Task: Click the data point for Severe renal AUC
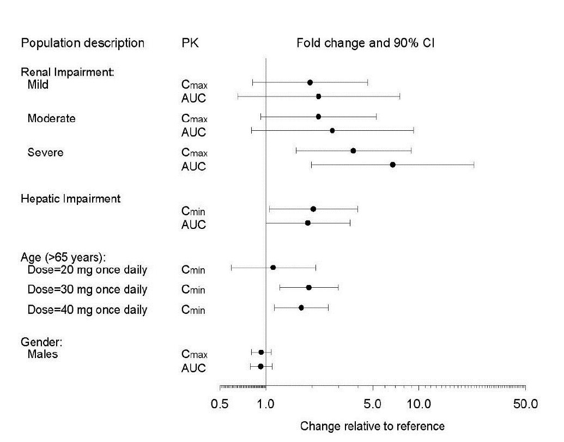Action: click(x=392, y=165)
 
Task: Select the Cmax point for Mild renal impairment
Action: click(x=310, y=83)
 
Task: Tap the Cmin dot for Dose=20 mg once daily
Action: click(x=273, y=268)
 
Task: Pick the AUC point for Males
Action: click(x=260, y=367)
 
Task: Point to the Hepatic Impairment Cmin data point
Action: click(x=313, y=209)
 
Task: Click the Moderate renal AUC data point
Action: click(x=332, y=131)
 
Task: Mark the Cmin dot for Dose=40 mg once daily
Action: click(x=301, y=308)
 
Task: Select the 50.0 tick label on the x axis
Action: click(x=525, y=404)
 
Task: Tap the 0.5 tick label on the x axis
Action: click(x=220, y=404)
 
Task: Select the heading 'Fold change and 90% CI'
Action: click(x=365, y=43)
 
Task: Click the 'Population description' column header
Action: click(x=83, y=43)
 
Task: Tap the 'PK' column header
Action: click(x=190, y=43)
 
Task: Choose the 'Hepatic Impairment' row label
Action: click(x=70, y=199)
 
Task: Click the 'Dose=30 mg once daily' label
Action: click(x=87, y=289)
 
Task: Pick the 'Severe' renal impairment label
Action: click(x=45, y=153)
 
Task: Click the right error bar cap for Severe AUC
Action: click(x=474, y=165)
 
